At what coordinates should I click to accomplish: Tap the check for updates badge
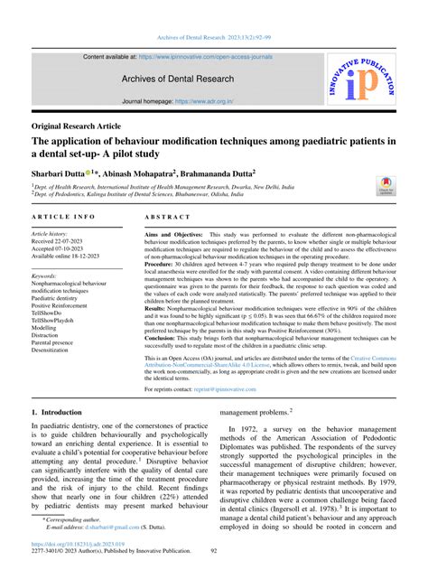point(386,185)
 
